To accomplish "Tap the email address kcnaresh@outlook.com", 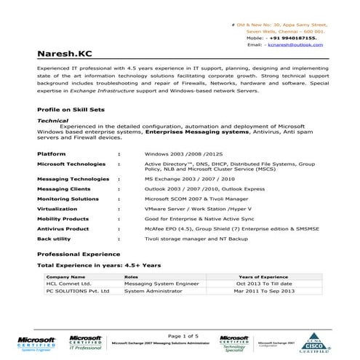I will click(295, 45).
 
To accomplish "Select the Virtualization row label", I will click(57, 207).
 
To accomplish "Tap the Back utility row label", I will click(54, 238).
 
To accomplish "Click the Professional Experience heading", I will click(78, 254).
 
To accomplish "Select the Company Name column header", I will click(66, 277).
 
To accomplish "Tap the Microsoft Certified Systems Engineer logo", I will click(36, 343).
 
